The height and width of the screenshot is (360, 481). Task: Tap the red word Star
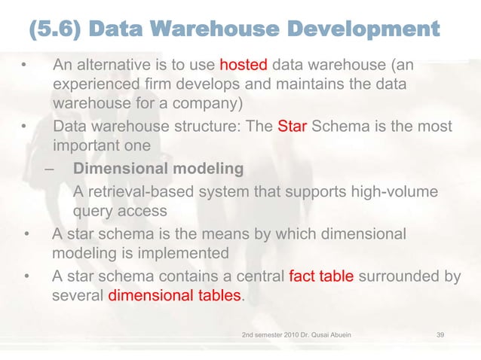[292, 126]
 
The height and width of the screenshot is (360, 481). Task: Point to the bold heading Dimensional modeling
[158, 168]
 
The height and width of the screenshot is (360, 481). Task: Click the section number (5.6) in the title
[58, 31]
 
